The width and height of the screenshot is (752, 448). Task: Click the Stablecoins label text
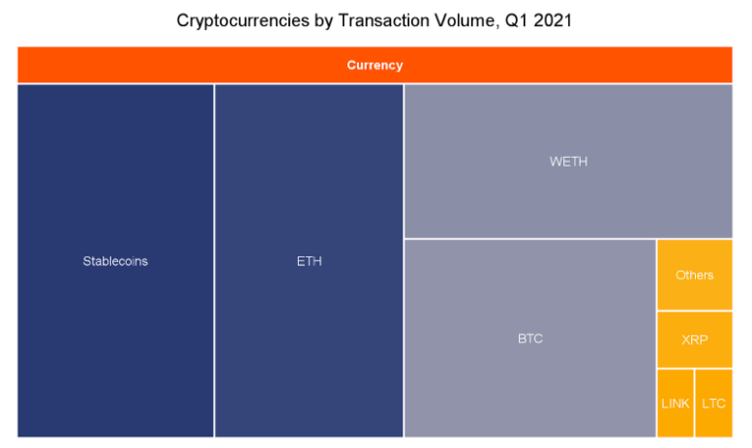point(115,261)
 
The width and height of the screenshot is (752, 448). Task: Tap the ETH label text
point(310,261)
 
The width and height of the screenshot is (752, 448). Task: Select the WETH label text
point(568,162)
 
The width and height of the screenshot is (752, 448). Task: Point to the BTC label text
point(530,339)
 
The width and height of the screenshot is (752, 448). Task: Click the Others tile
point(695,275)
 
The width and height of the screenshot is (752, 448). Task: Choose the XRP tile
point(695,340)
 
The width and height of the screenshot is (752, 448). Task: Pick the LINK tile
point(676,403)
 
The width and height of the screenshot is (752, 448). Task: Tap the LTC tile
point(713,403)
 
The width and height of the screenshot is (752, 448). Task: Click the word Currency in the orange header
point(376,65)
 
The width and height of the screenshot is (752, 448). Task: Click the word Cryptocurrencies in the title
point(243,20)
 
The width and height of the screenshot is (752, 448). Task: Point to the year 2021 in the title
point(553,20)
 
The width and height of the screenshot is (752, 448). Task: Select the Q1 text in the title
point(516,20)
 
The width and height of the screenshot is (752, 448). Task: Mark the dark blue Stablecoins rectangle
point(115,260)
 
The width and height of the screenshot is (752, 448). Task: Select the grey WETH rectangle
point(568,162)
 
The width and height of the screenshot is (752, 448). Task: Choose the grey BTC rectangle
point(530,338)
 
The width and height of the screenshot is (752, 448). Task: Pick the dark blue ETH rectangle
point(309,260)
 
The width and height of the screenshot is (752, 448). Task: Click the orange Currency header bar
point(376,65)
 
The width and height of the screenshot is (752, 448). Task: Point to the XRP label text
point(695,340)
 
